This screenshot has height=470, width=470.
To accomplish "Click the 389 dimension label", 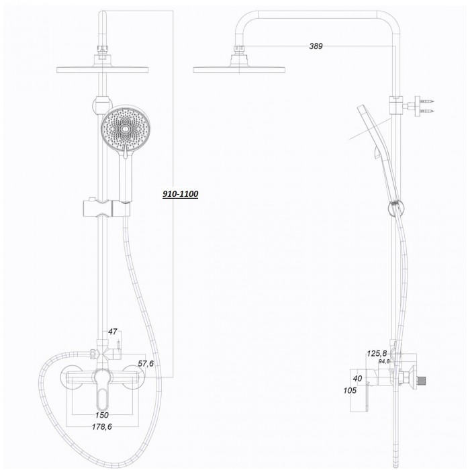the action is (316, 46).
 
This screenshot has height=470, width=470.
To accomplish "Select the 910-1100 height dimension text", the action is (180, 194).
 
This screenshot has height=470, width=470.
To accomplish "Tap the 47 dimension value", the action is (112, 332).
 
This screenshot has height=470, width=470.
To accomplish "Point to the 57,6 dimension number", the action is (146, 364).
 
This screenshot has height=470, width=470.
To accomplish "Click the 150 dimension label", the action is (102, 415).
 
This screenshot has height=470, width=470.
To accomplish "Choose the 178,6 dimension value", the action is (102, 427).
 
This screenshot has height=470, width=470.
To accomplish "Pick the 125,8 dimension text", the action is (377, 353).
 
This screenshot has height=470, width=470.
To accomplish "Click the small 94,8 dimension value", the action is (384, 361).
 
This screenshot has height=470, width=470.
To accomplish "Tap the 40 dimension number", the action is (357, 379).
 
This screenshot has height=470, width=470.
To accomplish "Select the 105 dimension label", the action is (350, 391).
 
